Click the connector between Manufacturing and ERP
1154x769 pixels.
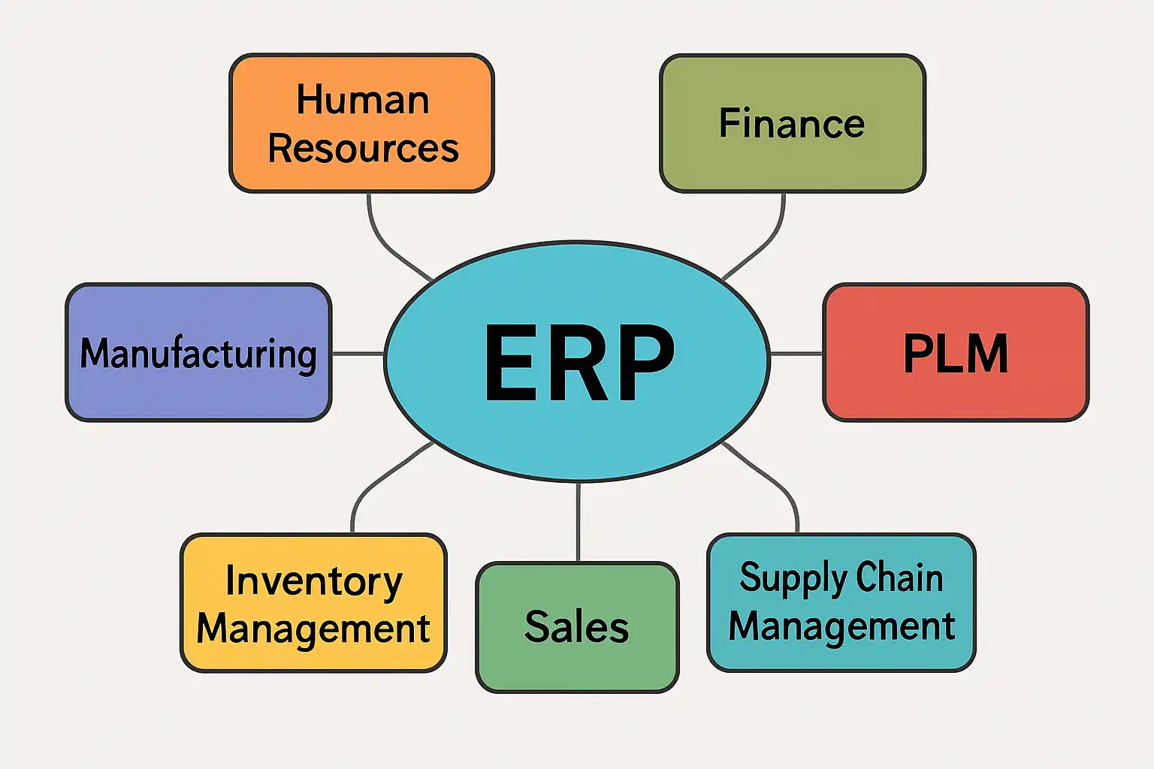[x=358, y=353]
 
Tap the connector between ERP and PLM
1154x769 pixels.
[x=796, y=353]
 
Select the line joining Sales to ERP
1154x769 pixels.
[x=578, y=522]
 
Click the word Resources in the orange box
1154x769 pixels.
[x=363, y=148]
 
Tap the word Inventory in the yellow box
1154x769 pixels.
[x=313, y=581]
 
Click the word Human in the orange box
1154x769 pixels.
[x=363, y=100]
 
